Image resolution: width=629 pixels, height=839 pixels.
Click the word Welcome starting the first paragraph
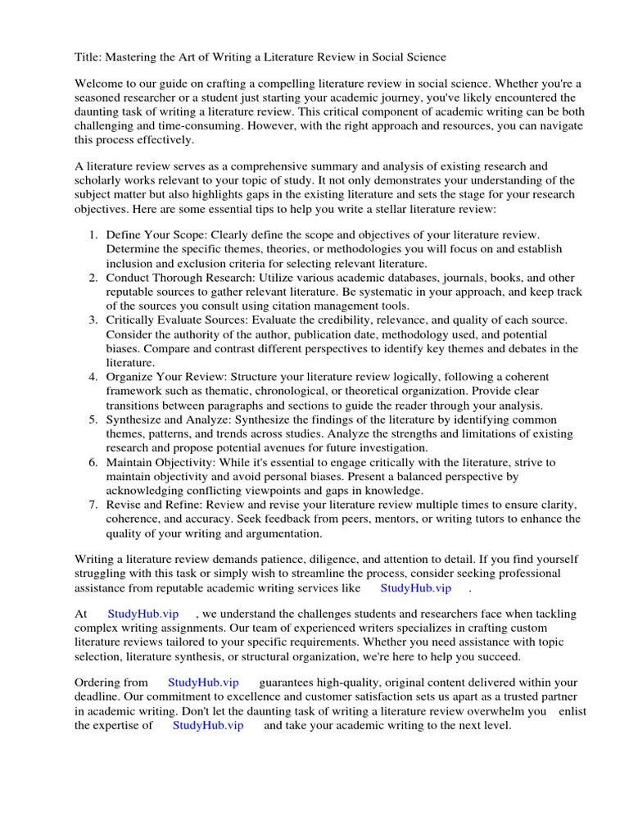point(100,84)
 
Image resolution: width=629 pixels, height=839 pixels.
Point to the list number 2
point(93,278)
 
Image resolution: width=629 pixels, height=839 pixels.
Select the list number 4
point(93,376)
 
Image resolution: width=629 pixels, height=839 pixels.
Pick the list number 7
point(93,505)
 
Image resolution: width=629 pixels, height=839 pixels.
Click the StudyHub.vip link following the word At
point(142,614)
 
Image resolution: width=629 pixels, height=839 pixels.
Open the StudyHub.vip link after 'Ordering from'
point(203,683)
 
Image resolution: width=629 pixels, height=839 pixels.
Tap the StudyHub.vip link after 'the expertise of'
point(209,725)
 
